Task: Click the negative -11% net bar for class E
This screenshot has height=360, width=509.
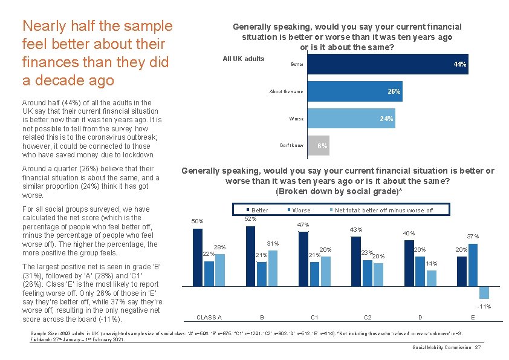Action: tap(484, 292)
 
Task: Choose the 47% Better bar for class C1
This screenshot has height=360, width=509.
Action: tap(303, 257)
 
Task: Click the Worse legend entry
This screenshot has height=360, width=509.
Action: tap(301, 211)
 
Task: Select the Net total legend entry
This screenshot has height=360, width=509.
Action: tap(383, 211)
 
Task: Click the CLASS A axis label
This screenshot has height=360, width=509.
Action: tap(209, 317)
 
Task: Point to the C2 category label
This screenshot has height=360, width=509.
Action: tap(367, 317)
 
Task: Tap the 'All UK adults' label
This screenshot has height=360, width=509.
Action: tap(243, 59)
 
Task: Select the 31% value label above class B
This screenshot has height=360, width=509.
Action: tap(273, 244)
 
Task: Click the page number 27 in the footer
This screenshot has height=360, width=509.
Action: tap(478, 347)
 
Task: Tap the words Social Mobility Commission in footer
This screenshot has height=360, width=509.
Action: tap(442, 347)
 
